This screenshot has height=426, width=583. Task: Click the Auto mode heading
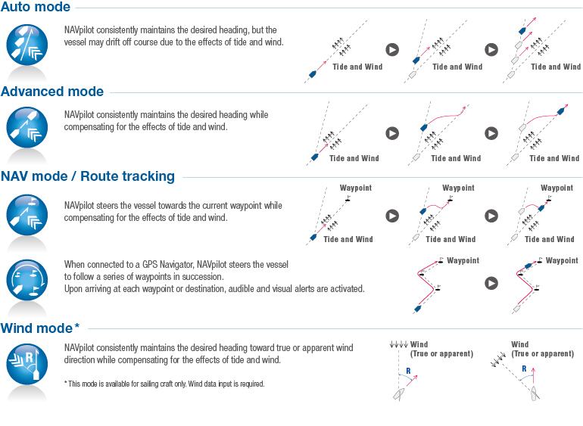(36, 8)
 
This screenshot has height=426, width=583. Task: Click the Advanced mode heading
(52, 92)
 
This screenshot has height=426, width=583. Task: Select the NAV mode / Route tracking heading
(88, 176)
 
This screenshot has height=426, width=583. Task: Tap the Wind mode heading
(40, 328)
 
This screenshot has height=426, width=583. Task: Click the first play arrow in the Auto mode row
(391, 50)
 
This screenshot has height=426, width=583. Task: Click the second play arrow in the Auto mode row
(491, 50)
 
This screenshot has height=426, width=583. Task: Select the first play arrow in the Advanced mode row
(391, 133)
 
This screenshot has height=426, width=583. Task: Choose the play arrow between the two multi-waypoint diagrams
(491, 283)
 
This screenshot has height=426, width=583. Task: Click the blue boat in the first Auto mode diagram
(311, 73)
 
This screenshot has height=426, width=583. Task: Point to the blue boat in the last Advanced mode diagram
(561, 110)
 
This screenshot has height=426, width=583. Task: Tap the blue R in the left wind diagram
(408, 371)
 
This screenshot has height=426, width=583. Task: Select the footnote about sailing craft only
(165, 384)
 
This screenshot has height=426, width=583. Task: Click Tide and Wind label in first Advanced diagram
(354, 158)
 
